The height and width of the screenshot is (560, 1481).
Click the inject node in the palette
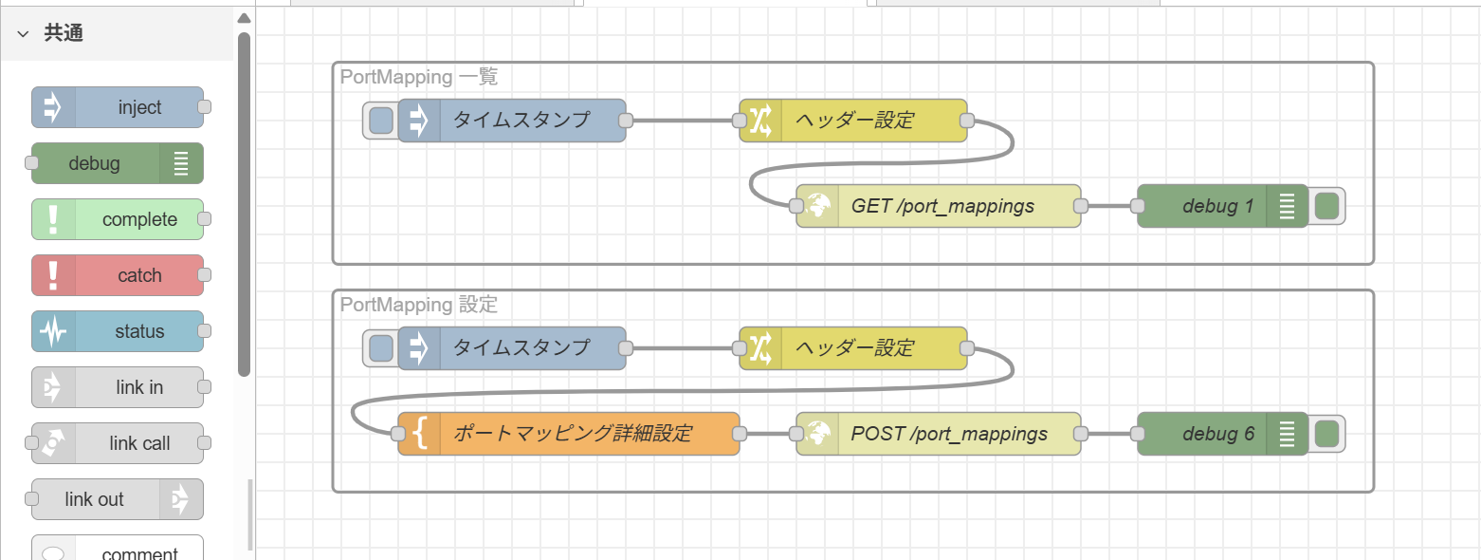click(118, 108)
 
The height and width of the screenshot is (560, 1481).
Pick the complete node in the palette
click(118, 219)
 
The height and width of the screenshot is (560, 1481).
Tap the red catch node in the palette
click(118, 275)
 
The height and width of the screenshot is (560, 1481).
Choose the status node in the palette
click(118, 331)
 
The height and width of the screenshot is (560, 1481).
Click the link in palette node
click(118, 387)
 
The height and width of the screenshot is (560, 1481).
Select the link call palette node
click(118, 443)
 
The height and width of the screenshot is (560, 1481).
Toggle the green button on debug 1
click(1327, 206)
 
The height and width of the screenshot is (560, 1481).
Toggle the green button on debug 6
click(1327, 434)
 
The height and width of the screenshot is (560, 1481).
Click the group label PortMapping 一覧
click(418, 77)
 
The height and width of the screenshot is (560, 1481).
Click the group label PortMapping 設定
click(418, 305)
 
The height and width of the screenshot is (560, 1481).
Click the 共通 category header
click(64, 33)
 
